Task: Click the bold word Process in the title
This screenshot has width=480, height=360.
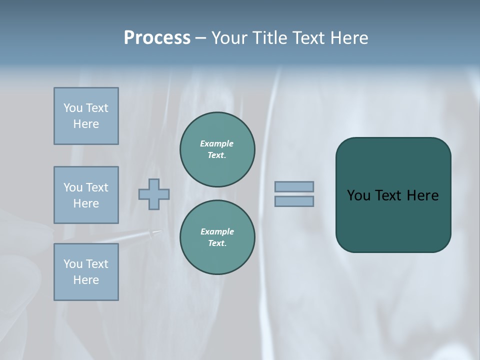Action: pos(157,38)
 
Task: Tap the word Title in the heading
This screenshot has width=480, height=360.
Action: pos(268,38)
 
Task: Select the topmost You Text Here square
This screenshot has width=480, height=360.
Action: pos(86,116)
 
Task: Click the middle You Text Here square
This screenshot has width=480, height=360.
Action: pos(86,195)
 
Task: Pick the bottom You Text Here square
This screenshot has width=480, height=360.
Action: pos(86,272)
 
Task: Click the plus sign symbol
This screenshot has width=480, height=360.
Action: pos(154,194)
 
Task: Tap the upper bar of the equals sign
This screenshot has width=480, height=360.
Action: pos(294,186)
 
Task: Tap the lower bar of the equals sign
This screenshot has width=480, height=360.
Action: pos(294,201)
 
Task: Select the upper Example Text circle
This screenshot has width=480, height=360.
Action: pos(217,149)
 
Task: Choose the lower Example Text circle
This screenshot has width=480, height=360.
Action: pos(217,237)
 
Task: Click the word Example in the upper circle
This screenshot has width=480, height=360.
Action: pos(217,143)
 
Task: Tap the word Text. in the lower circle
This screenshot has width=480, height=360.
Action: pos(217,243)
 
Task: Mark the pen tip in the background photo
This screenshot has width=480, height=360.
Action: pos(159,231)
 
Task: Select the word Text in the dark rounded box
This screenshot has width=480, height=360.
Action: pos(388,195)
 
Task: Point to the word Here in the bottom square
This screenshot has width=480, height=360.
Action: pos(86,280)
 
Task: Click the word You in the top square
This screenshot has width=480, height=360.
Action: pos(73,108)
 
